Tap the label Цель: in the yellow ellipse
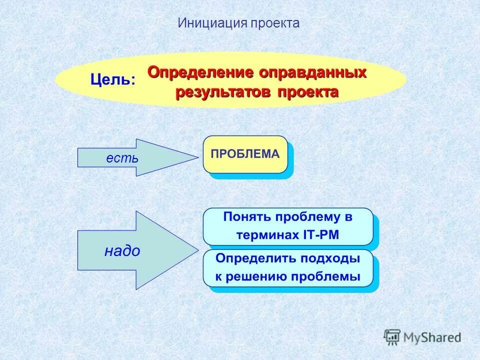(x=112, y=79)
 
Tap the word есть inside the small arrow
(x=122, y=158)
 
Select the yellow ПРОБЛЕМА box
(x=245, y=154)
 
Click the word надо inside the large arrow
(x=122, y=251)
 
